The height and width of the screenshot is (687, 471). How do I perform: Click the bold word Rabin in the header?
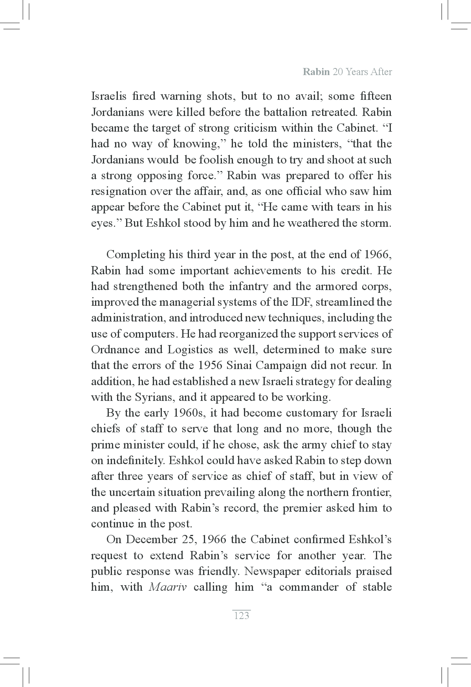[316, 72]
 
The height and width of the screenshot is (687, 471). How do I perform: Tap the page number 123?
[242, 616]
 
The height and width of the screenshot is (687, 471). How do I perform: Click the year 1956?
[211, 366]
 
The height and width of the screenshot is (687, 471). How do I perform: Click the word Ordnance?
[115, 350]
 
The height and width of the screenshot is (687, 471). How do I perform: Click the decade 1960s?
[189, 413]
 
